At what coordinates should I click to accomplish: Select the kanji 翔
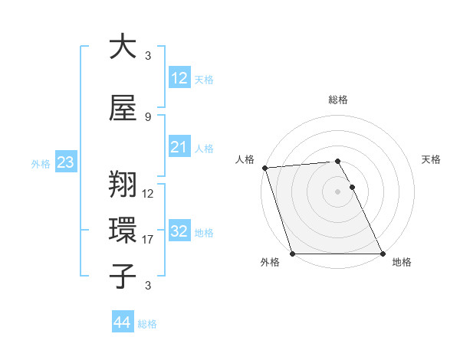[122, 185]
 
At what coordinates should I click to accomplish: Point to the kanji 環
[122, 231]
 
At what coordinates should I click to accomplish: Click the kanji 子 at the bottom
[122, 276]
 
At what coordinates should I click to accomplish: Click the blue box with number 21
[179, 148]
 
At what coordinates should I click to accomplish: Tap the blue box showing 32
[179, 232]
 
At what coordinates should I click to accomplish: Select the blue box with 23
[65, 162]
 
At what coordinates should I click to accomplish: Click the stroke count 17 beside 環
[148, 240]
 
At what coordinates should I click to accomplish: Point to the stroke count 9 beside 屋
[148, 116]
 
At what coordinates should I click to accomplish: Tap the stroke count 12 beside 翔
[148, 194]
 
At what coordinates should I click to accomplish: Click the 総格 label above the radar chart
[338, 100]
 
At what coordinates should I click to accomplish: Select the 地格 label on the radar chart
[402, 262]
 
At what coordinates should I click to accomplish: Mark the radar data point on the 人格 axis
[264, 168]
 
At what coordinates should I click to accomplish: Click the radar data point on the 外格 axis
[292, 254]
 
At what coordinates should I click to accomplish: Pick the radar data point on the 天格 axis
[352, 187]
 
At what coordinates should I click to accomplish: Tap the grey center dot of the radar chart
[337, 191]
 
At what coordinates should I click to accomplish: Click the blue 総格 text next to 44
[147, 324]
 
